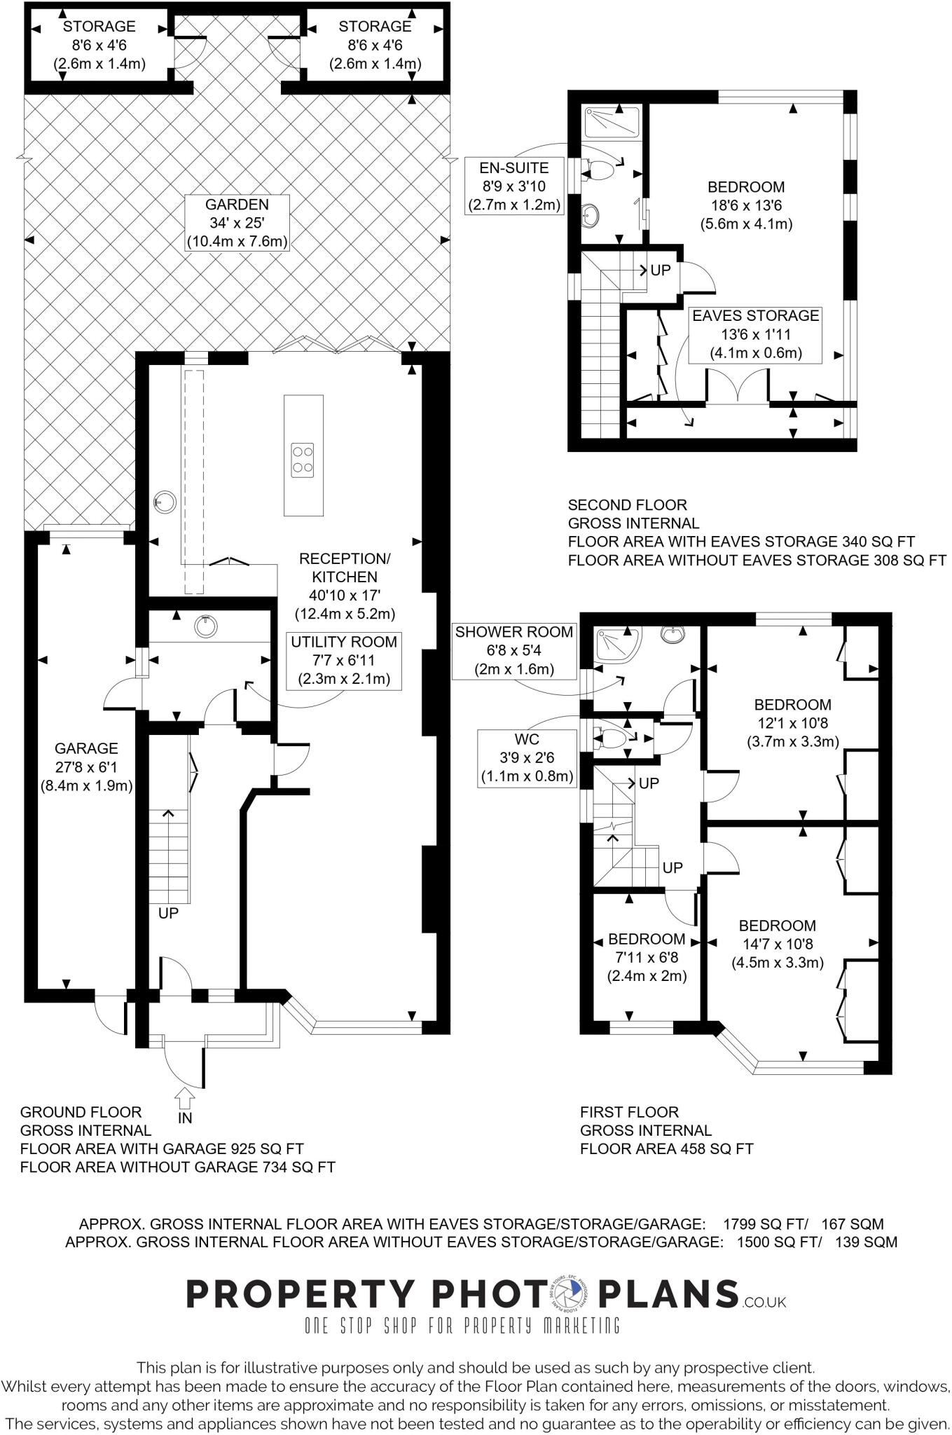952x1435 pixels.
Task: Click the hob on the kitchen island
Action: tap(303, 460)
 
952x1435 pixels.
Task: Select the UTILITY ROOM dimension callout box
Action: tap(344, 660)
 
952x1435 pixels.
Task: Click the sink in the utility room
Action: tap(205, 626)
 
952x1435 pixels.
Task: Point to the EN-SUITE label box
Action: tap(514, 186)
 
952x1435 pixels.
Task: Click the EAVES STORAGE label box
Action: tap(755, 334)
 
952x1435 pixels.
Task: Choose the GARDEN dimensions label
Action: tap(237, 223)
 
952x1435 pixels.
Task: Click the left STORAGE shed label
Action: tap(99, 46)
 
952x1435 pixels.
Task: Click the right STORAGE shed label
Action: tap(375, 46)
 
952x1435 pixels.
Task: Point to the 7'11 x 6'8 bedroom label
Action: tap(647, 957)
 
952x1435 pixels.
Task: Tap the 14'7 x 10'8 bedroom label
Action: tap(777, 944)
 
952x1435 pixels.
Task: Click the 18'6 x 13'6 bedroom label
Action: tap(746, 205)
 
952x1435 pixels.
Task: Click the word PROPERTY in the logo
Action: tap(299, 1294)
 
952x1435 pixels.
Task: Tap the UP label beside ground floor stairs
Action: tap(169, 913)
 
